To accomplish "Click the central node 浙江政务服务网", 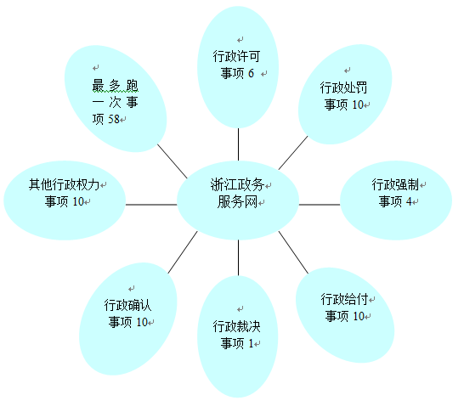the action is click(x=238, y=200).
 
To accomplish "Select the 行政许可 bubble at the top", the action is click(x=238, y=67).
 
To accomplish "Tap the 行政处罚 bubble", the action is click(x=345, y=94).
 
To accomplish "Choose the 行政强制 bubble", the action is click(x=396, y=200).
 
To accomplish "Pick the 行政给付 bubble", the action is click(x=345, y=315).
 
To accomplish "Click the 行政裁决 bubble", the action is click(x=238, y=336).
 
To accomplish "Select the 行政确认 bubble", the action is click(x=128, y=319).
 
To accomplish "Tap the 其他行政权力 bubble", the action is click(x=65, y=200).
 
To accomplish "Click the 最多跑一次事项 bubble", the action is click(x=116, y=99).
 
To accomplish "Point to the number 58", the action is click(x=114, y=119).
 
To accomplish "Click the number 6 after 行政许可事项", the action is click(x=251, y=73).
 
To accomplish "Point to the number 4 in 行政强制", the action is click(x=409, y=201).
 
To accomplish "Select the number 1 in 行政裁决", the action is click(x=251, y=343).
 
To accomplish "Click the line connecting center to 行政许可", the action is click(x=238, y=144).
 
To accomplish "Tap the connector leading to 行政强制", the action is click(x=320, y=205).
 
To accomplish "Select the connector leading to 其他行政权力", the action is click(x=151, y=205).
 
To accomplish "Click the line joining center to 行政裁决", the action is click(x=238, y=257).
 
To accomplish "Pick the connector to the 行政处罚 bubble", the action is click(x=293, y=153).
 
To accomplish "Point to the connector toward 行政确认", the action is click(x=183, y=252).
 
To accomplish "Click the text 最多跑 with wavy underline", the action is click(x=116, y=86).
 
